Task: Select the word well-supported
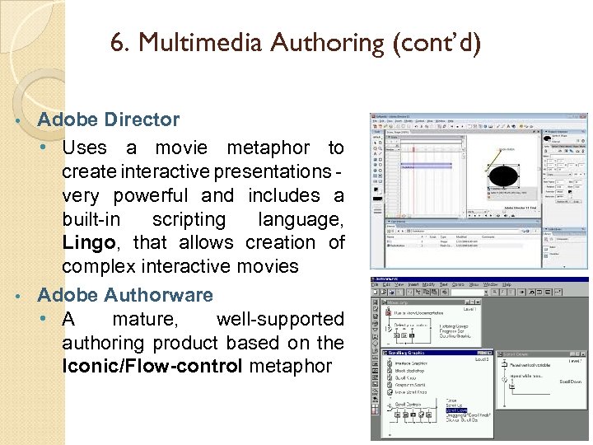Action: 280,319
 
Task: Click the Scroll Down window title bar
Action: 539,353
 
